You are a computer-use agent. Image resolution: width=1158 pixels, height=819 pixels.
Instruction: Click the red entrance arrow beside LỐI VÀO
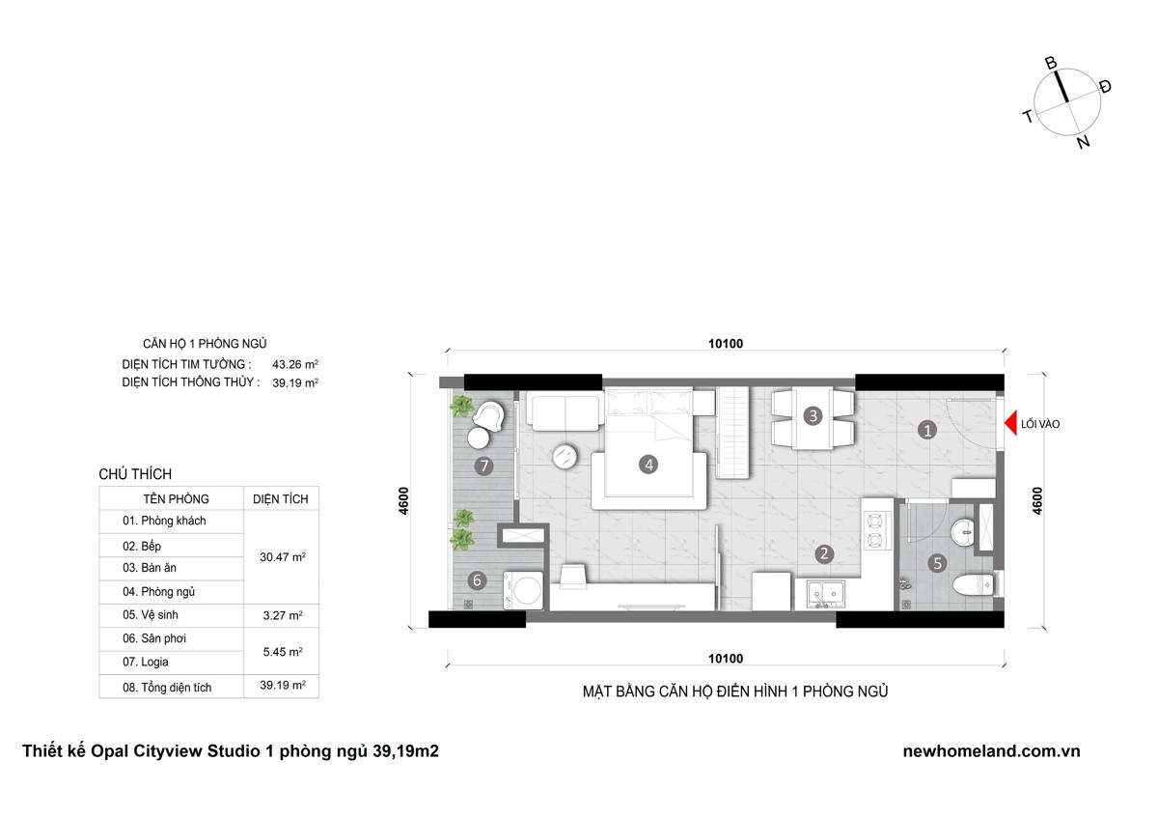[1011, 423]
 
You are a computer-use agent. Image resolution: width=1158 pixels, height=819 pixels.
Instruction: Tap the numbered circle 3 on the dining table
[813, 415]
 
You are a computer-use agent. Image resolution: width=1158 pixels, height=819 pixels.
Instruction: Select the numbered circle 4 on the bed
[648, 465]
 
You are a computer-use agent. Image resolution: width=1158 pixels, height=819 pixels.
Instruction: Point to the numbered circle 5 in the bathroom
[937, 563]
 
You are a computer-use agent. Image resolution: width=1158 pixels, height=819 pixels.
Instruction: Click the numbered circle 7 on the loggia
[483, 466]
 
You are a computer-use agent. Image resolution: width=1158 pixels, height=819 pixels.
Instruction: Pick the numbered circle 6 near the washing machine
[477, 580]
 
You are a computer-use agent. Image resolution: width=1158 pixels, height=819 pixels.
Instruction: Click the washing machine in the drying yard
[523, 590]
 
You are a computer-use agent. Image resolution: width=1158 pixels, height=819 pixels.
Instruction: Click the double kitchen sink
[826, 594]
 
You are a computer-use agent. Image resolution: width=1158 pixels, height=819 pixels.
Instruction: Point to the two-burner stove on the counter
[875, 530]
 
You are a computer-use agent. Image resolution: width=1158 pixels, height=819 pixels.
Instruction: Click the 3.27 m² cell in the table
[282, 615]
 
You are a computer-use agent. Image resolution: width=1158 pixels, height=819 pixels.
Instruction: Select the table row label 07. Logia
[146, 662]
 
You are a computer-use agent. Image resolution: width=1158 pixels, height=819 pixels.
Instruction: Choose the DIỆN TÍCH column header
[280, 499]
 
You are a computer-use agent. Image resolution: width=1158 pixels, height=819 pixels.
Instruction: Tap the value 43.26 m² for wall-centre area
[295, 364]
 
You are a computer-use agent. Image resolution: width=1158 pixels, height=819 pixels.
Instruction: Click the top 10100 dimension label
[726, 344]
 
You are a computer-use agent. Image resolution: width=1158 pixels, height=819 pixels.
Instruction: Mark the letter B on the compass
[1051, 63]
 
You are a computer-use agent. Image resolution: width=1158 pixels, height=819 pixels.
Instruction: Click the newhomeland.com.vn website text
[992, 750]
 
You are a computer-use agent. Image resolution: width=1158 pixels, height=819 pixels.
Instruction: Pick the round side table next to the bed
[565, 456]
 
